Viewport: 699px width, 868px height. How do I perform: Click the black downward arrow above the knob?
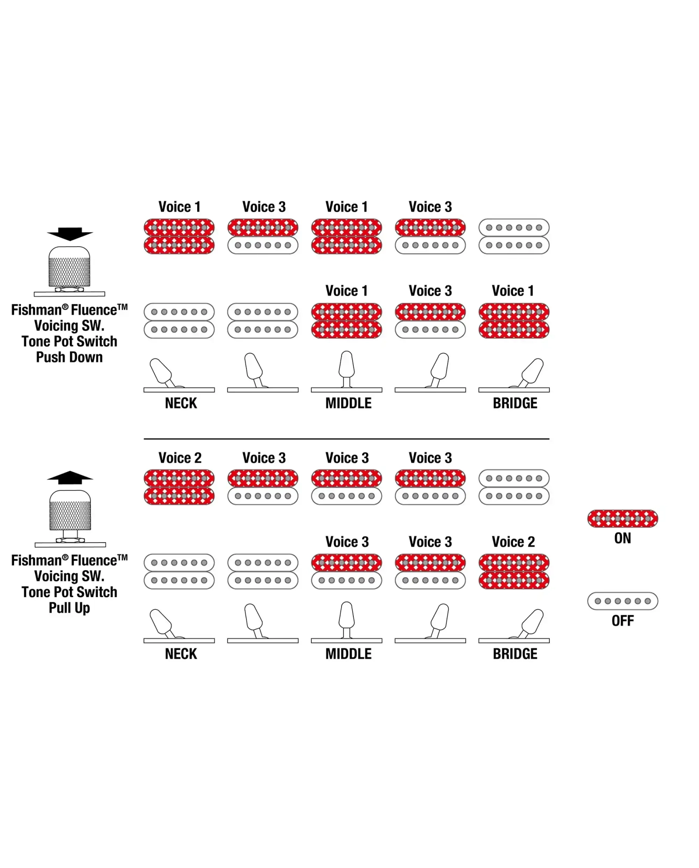70,234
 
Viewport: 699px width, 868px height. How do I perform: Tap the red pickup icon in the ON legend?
623,518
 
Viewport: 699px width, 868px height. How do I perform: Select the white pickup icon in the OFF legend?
623,601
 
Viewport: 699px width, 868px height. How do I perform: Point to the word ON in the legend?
623,538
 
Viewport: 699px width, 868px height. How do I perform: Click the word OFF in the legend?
623,621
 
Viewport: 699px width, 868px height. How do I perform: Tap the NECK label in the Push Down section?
181,403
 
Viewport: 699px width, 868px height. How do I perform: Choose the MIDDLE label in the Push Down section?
349,403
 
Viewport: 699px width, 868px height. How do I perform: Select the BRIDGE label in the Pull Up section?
515,654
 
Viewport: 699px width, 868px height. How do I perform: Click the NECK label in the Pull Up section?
181,654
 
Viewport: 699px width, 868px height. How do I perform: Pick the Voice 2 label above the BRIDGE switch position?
514,542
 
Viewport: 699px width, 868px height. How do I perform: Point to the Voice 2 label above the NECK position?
180,458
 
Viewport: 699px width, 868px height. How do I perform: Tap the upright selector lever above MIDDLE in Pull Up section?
347,620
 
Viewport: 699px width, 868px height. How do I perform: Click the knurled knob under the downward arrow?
69,267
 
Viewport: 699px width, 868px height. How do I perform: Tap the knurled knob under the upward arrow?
70,510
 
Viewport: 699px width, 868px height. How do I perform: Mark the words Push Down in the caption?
69,357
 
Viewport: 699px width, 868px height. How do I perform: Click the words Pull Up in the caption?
69,608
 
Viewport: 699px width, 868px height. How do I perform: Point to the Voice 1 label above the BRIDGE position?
513,291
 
